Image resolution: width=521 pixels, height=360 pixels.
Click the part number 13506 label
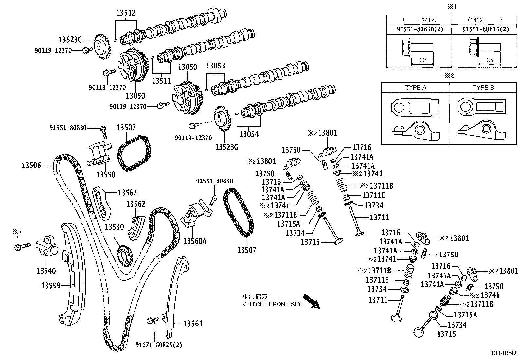pyautogui.click(x=31, y=165)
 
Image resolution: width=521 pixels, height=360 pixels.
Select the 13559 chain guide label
pyautogui.click(x=50, y=286)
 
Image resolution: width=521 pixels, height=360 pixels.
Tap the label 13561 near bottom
pyautogui.click(x=193, y=324)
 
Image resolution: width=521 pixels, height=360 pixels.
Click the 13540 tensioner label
pyautogui.click(x=46, y=271)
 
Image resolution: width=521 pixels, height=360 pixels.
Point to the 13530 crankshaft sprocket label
pyautogui.click(x=115, y=227)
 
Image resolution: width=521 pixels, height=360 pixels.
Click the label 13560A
pyautogui.click(x=195, y=241)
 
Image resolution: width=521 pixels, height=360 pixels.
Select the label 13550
pyautogui.click(x=106, y=175)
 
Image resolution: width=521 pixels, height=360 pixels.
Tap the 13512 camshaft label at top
pyautogui.click(x=126, y=13)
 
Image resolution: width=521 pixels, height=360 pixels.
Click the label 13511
pyautogui.click(x=162, y=80)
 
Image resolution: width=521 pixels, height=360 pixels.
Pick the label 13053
pyautogui.click(x=215, y=66)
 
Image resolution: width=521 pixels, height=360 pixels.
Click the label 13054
pyautogui.click(x=249, y=134)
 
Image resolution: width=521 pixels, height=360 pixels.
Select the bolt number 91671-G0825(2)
pyautogui.click(x=159, y=345)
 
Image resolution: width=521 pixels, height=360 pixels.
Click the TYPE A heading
pyautogui.click(x=416, y=88)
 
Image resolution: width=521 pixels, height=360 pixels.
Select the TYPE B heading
pyautogui.click(x=483, y=88)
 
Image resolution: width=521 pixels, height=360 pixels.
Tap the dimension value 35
pyautogui.click(x=490, y=60)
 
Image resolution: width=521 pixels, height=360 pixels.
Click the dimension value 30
pyautogui.click(x=422, y=60)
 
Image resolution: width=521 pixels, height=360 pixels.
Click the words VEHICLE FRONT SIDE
pyautogui.click(x=273, y=304)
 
